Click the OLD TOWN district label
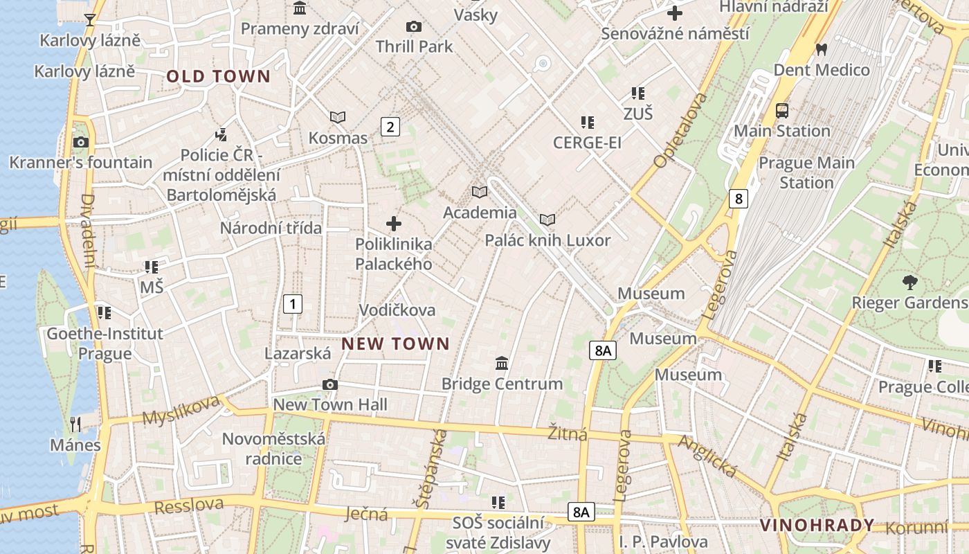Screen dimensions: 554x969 click(218, 77)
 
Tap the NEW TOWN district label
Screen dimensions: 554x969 click(396, 343)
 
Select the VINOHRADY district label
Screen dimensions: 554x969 click(817, 526)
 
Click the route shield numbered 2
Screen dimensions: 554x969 click(390, 127)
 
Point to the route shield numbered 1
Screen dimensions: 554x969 click(293, 303)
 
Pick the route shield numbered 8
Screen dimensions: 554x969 click(739, 199)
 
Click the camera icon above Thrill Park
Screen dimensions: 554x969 click(414, 27)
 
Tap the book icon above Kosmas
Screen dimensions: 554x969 click(338, 118)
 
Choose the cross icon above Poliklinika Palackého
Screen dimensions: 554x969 click(394, 224)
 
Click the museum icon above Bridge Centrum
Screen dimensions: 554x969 click(502, 363)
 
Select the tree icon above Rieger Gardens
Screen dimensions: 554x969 click(909, 282)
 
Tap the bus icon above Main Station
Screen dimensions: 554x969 click(782, 111)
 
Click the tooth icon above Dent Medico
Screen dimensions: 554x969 click(822, 49)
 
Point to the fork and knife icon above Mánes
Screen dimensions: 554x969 click(75, 424)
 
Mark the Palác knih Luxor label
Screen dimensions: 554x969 click(547, 240)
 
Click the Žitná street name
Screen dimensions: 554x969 click(568, 434)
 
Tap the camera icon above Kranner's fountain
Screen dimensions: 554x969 click(81, 143)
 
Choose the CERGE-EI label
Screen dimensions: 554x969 click(587, 143)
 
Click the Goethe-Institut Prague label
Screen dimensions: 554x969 click(105, 343)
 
